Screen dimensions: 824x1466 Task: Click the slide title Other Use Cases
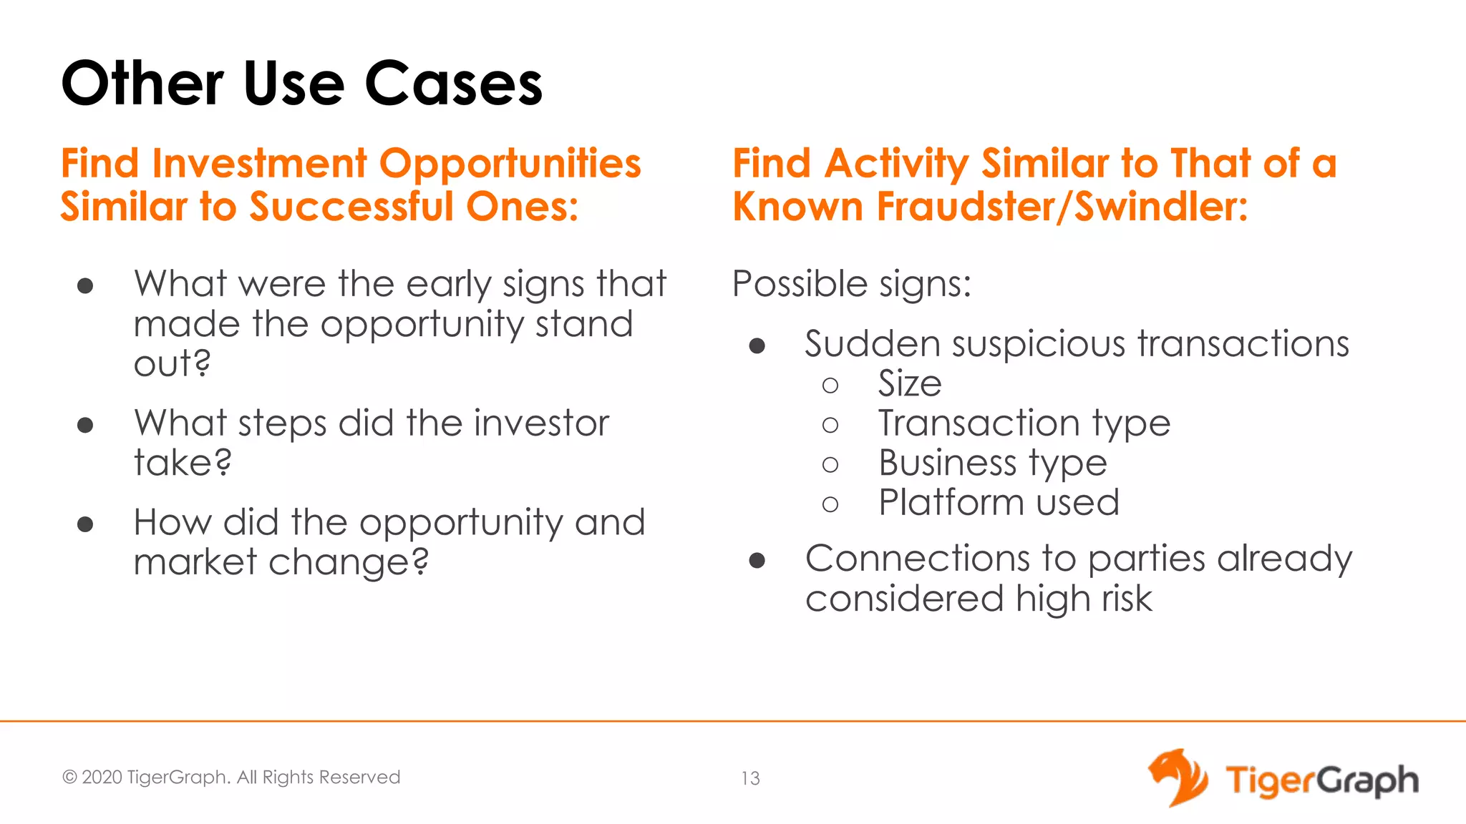pos(301,84)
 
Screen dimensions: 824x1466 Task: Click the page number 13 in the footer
pos(750,778)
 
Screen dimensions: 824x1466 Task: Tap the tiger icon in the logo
pos(1178,778)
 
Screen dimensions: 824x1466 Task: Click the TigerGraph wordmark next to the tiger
pos(1321,780)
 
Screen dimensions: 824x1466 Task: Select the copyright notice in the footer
pos(230,778)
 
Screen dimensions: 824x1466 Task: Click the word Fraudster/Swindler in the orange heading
pos(1062,207)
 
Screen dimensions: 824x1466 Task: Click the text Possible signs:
pos(852,284)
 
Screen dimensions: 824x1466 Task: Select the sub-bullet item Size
pos(909,384)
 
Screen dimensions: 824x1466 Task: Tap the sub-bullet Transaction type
pos(1024,423)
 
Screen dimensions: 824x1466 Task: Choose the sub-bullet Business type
pos(992,463)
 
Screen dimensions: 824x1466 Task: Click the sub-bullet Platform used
pos(999,503)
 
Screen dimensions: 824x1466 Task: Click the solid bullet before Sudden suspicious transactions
pos(757,347)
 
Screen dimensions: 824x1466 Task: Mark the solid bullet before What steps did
pos(85,426)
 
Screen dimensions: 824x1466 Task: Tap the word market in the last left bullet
pos(195,561)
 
